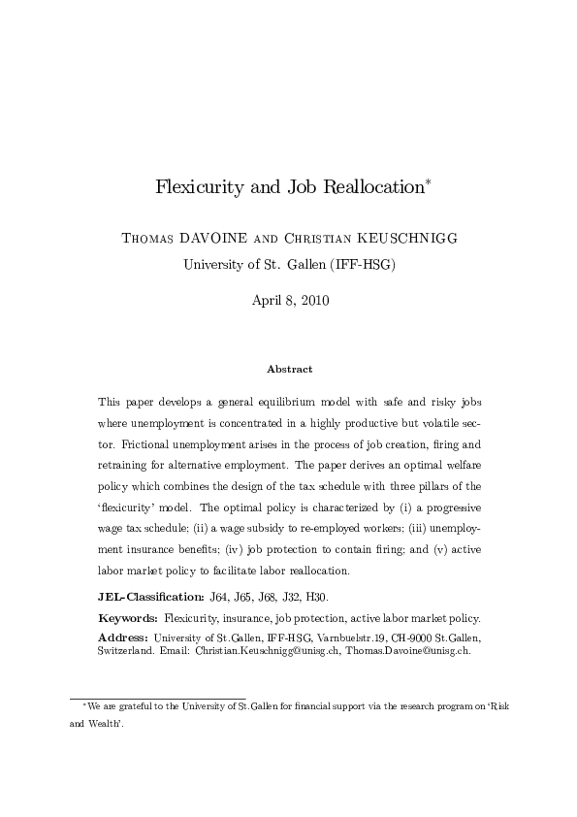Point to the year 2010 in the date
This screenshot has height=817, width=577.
tap(313, 301)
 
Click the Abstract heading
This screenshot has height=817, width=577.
tap(288, 369)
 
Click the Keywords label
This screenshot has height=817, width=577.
tap(129, 618)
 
